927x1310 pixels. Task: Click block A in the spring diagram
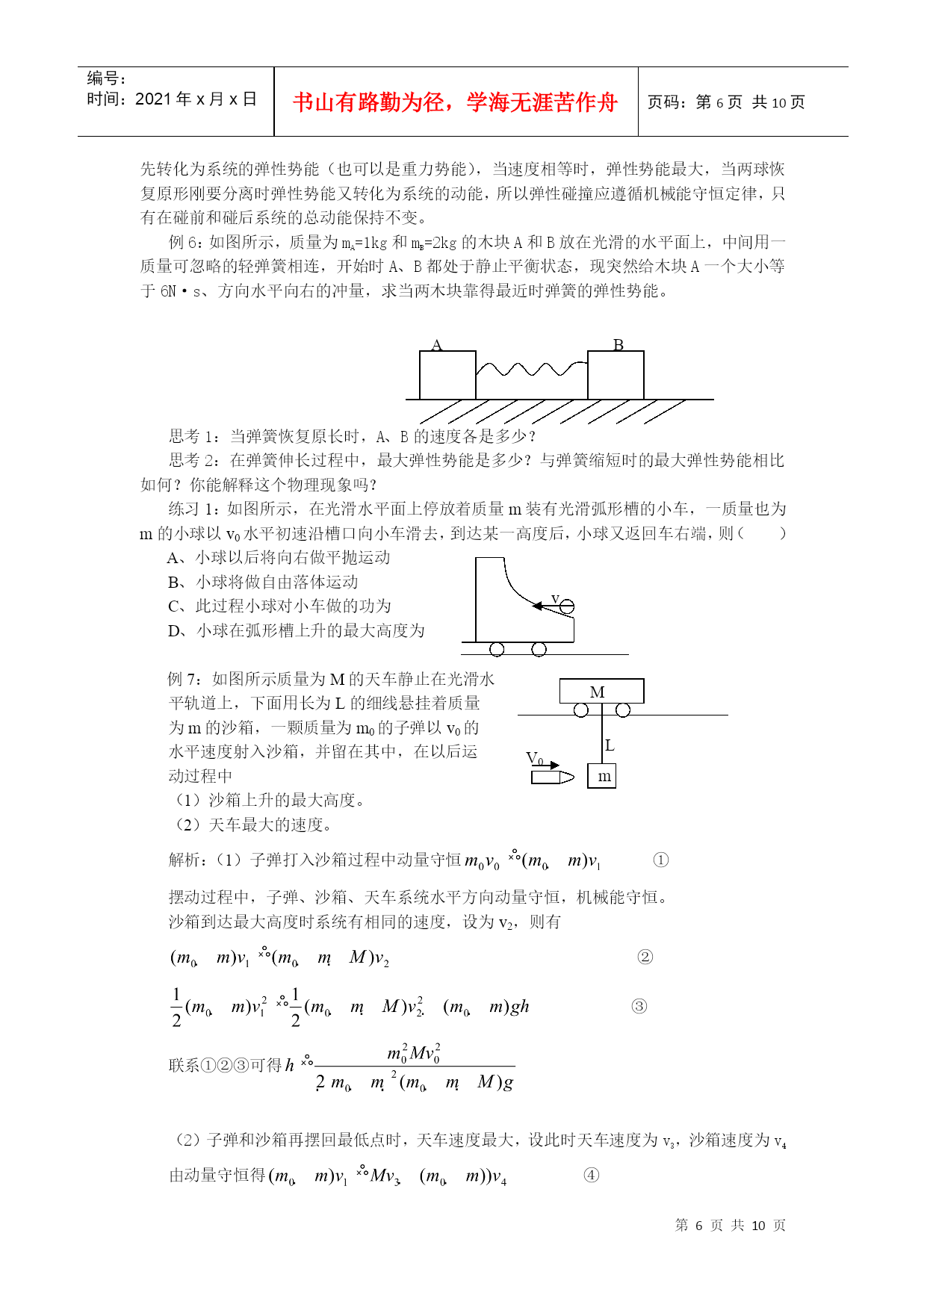tap(447, 375)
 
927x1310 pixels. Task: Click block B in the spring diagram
tap(616, 375)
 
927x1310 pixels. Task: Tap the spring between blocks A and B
tap(531, 369)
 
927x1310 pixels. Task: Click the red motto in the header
tap(455, 102)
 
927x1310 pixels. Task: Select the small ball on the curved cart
tap(567, 606)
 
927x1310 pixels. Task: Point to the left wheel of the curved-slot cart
tap(497, 649)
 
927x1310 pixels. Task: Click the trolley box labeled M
tap(601, 692)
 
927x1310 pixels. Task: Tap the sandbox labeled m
tap(602, 776)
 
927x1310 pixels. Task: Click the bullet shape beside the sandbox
tap(552, 777)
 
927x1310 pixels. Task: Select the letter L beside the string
tap(610, 745)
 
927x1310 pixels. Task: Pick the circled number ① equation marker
tap(660, 860)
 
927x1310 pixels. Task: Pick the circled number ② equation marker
tap(645, 957)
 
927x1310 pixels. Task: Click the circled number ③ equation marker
tap(639, 1006)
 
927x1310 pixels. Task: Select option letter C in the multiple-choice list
tap(174, 606)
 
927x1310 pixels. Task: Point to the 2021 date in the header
tap(153, 99)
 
